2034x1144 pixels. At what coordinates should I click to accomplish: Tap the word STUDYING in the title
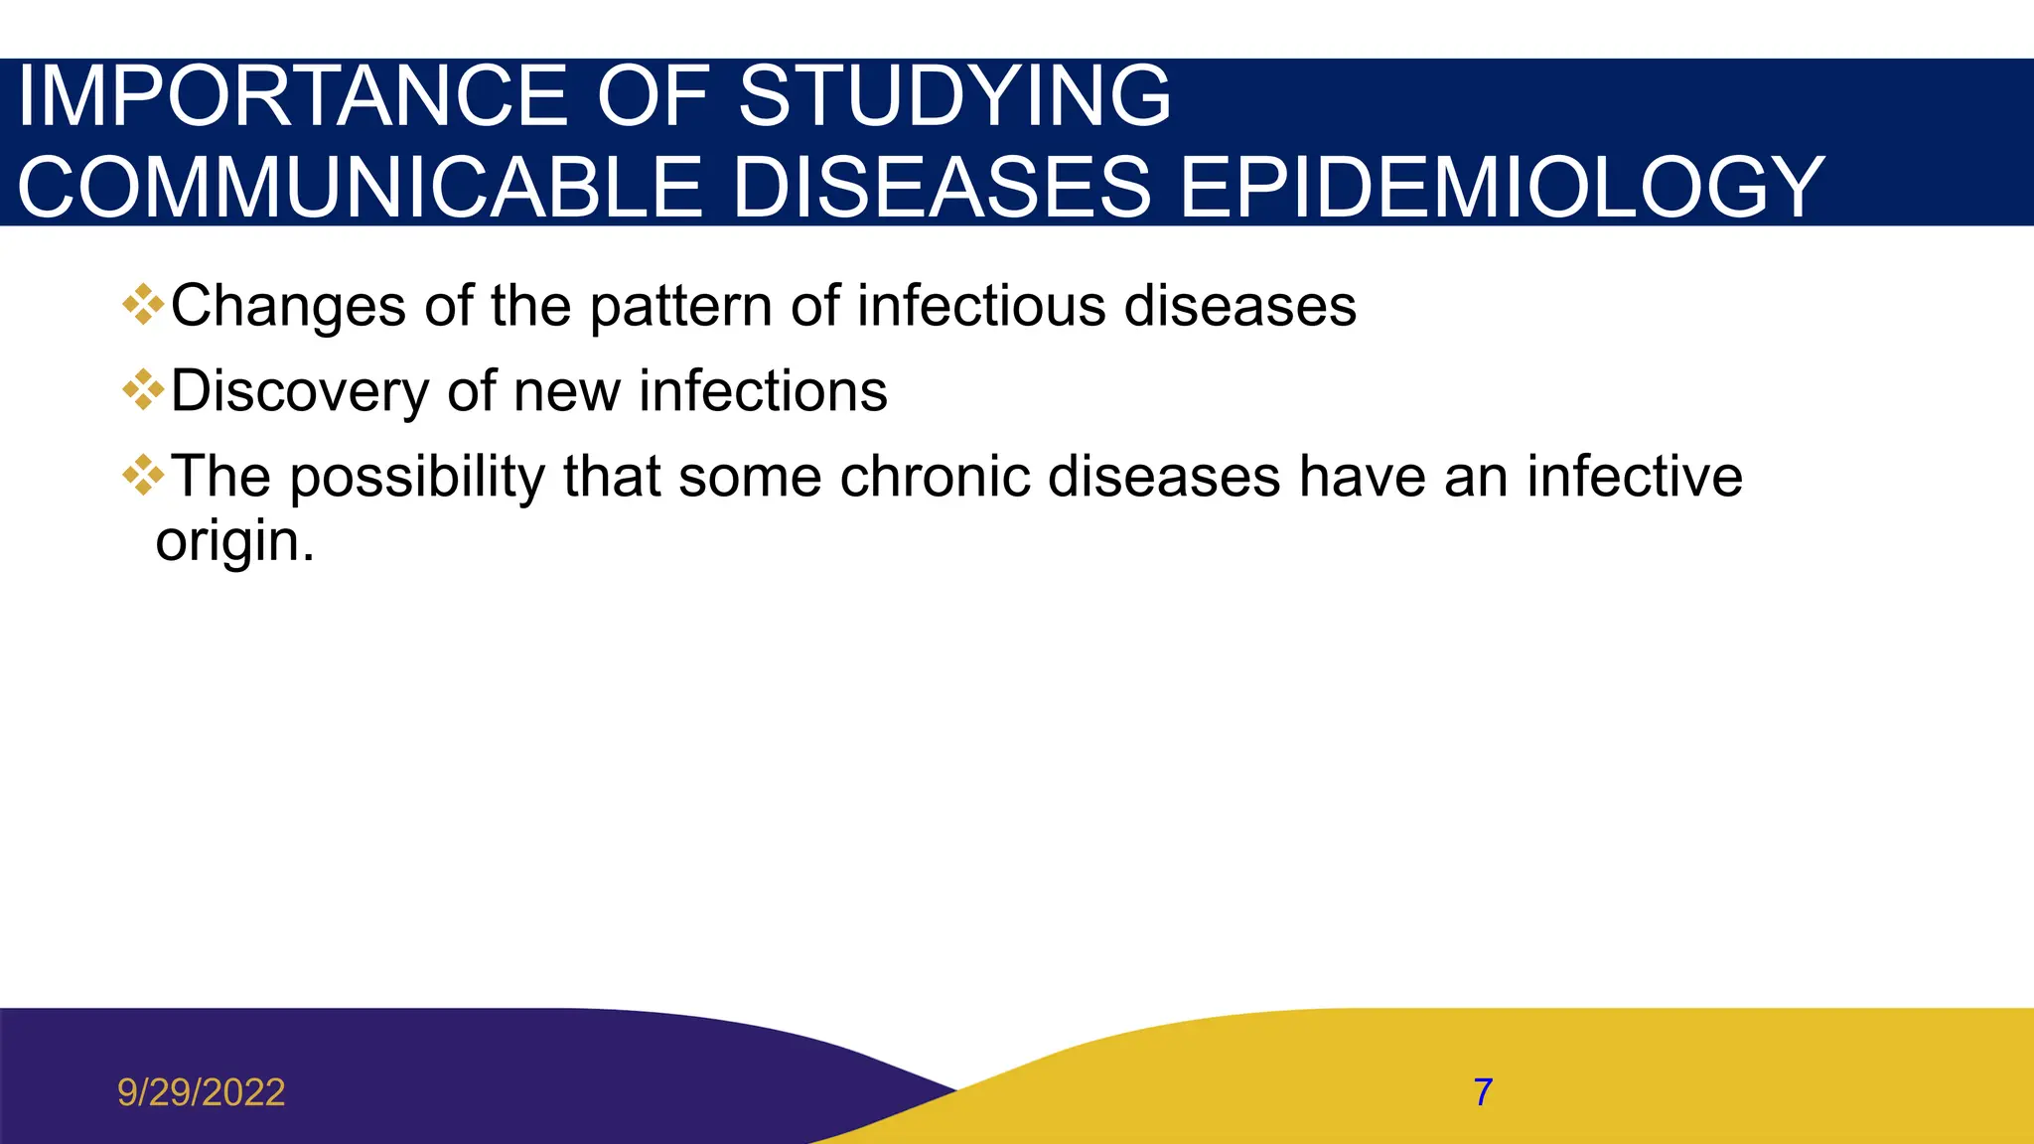[954, 96]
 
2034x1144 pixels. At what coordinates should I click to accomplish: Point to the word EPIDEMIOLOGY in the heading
[1501, 188]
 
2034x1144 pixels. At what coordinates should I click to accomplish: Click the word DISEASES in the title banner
[942, 188]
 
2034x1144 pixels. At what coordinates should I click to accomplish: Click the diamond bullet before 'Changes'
[143, 305]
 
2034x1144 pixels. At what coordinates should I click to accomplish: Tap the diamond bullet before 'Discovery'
[143, 390]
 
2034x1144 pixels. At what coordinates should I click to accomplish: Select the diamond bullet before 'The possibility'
[143, 476]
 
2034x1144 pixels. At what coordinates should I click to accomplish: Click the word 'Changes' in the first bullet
[288, 306]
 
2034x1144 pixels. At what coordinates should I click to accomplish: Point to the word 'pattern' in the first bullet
[681, 306]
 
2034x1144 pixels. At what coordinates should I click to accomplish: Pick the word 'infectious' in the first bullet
[981, 306]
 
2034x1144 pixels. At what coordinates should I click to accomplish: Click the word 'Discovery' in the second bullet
[299, 391]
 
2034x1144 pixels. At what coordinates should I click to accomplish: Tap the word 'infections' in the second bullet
[763, 391]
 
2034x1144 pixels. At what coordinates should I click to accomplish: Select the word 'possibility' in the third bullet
[417, 477]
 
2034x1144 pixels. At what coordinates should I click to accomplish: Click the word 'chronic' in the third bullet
[934, 477]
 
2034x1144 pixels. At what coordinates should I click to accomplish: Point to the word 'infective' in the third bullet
[1634, 477]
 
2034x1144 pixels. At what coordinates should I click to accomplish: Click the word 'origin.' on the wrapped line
[234, 542]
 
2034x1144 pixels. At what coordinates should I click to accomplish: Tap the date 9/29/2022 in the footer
[202, 1092]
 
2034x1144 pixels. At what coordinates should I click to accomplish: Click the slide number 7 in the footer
[1483, 1092]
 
